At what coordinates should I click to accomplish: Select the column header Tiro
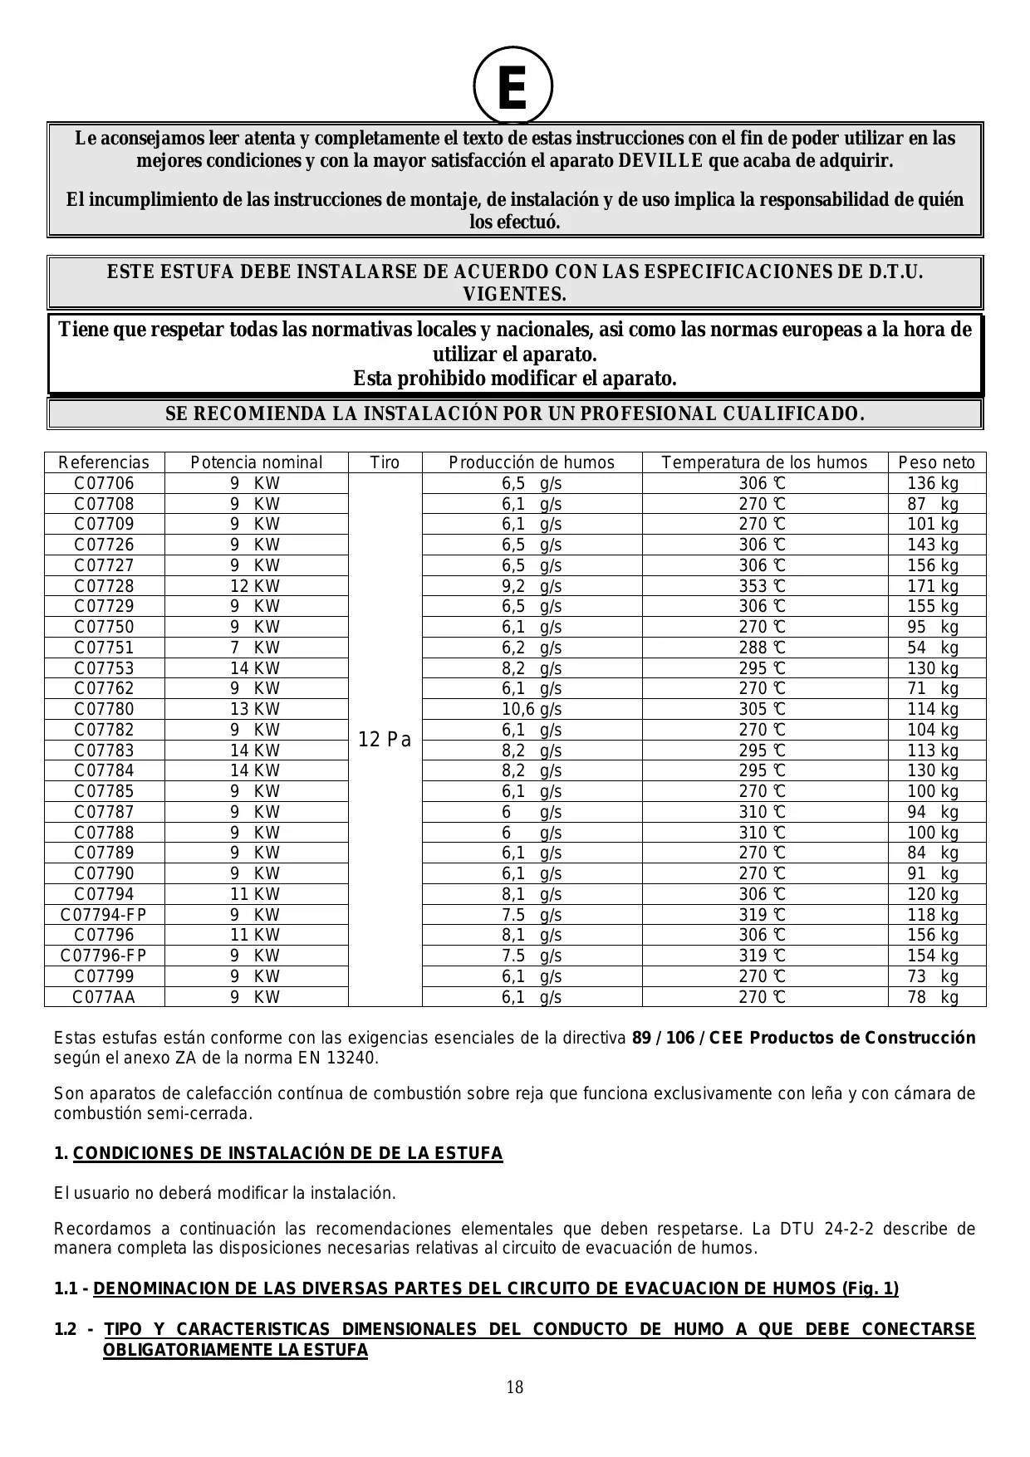coord(385,462)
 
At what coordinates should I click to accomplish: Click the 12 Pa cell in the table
coord(385,740)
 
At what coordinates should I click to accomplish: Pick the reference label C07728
coord(104,586)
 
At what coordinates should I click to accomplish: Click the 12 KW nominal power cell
coord(255,586)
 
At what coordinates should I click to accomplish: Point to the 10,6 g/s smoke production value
coord(532,709)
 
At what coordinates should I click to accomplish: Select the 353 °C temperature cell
coord(763,586)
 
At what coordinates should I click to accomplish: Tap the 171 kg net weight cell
coord(933,586)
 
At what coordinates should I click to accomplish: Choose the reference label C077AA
coord(104,997)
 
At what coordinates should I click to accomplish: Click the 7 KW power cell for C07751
coord(255,648)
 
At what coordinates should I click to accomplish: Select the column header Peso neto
coord(937,462)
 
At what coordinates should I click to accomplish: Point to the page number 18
coord(514,1387)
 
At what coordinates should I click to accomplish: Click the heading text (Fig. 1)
coord(870,1288)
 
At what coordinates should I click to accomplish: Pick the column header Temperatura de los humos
coord(764,462)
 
